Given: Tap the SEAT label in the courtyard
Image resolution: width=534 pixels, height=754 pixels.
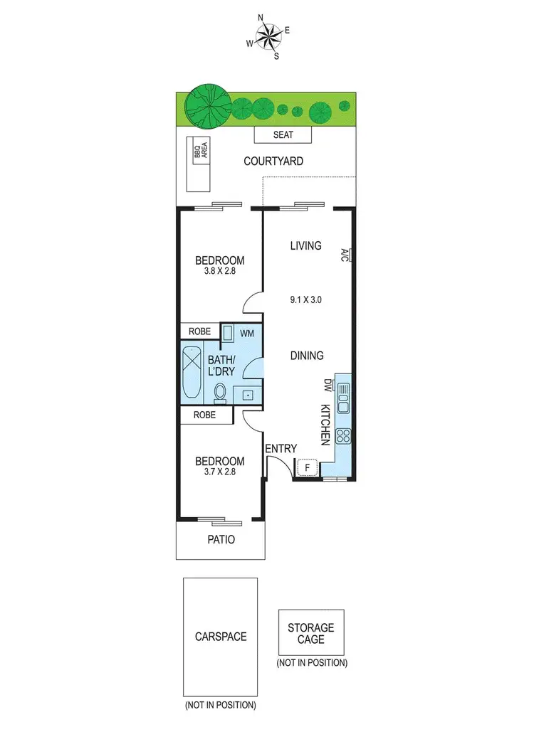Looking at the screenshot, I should click(283, 135).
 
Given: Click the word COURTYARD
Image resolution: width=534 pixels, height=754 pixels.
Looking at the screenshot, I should click(273, 161).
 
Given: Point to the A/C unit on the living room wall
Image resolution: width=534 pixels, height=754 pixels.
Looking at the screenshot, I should click(345, 254).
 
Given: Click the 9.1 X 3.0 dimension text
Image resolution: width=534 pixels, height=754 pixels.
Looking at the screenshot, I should click(306, 299).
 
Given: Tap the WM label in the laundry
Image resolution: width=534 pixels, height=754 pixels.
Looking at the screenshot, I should click(247, 333).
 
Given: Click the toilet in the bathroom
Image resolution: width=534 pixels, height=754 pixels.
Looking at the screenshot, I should click(220, 393).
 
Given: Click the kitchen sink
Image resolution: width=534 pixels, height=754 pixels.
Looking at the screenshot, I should click(342, 398).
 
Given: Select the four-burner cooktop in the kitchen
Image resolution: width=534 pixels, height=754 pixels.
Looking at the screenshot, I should click(342, 435).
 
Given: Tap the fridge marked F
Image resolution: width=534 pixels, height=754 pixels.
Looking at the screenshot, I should click(308, 467).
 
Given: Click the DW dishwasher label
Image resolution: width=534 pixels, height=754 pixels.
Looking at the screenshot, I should click(328, 386).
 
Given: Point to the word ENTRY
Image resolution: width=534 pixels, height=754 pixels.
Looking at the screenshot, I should click(281, 448).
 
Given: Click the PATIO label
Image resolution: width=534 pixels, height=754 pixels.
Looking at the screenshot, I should click(220, 540).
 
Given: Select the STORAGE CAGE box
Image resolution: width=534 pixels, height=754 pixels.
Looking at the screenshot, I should click(311, 633).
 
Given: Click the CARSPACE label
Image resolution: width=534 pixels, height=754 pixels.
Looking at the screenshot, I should click(221, 637).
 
